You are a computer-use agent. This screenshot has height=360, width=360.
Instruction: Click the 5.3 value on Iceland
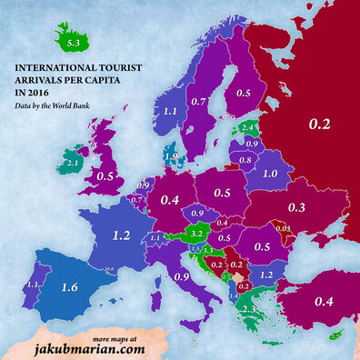[70, 43]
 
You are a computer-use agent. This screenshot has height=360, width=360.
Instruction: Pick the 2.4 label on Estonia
[247, 128]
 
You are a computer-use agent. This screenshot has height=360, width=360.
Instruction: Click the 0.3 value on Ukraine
[296, 208]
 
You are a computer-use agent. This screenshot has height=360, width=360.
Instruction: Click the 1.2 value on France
[120, 235]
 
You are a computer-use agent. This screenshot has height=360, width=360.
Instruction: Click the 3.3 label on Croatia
[207, 250]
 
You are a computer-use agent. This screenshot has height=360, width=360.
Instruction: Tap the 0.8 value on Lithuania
[245, 160]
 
